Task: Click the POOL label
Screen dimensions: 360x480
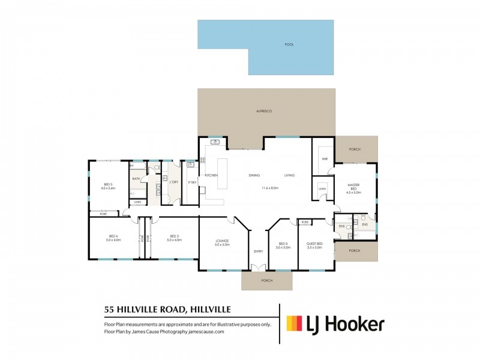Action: (x=290, y=45)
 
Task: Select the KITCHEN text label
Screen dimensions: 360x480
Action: (x=211, y=175)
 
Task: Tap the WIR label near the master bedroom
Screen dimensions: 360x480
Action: (x=324, y=159)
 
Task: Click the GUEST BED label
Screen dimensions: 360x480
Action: (x=315, y=245)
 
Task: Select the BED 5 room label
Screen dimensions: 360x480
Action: (x=108, y=186)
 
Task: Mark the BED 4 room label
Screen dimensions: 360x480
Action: (x=114, y=238)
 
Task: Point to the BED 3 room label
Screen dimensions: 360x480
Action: (x=174, y=238)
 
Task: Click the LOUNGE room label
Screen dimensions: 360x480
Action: (x=223, y=243)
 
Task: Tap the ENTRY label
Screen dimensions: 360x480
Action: (x=258, y=251)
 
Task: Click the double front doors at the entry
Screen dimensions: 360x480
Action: (x=258, y=268)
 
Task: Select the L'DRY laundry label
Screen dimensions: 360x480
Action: (x=174, y=182)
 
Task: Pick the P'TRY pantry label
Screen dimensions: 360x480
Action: (x=192, y=182)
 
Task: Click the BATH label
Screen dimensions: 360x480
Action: (x=136, y=178)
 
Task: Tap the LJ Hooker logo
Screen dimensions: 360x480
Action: (x=335, y=325)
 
